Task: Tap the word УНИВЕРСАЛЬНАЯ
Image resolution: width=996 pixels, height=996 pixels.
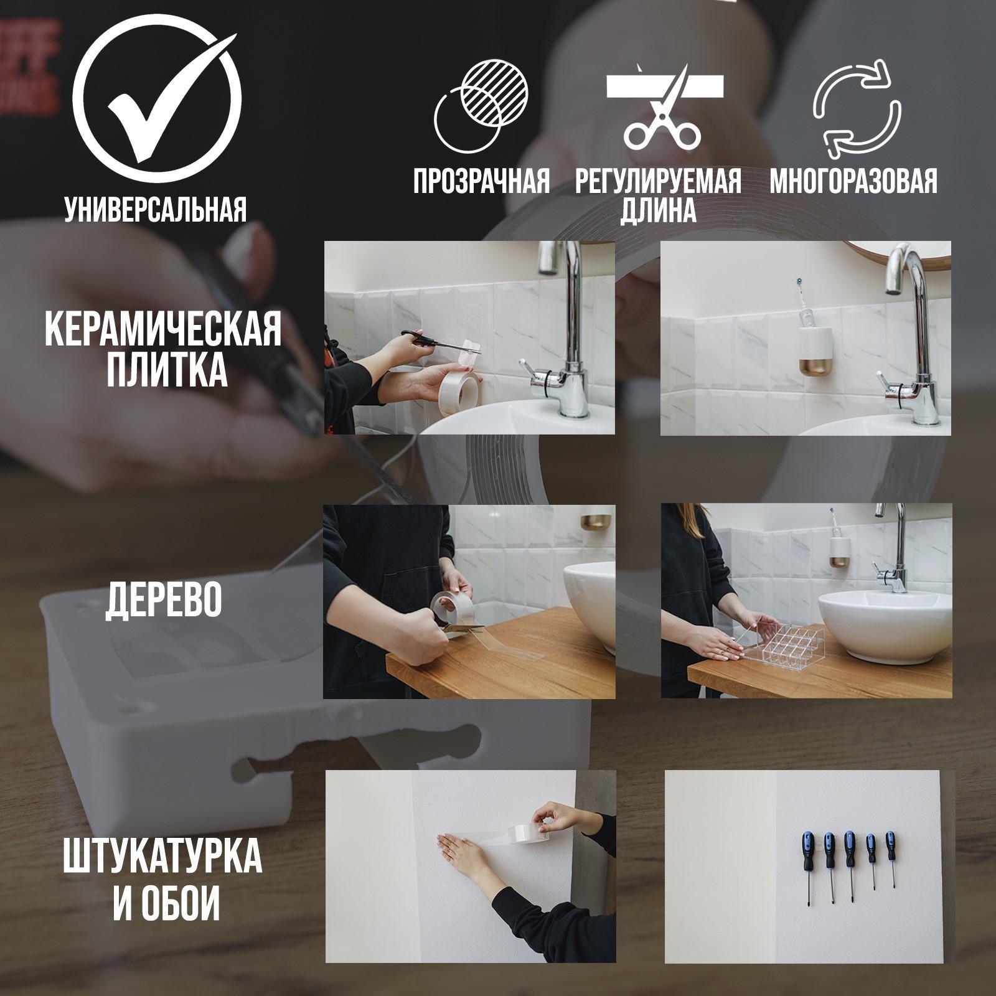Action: point(156,210)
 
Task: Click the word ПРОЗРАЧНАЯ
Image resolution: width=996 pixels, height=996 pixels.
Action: point(482,181)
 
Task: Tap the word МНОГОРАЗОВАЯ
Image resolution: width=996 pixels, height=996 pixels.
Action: point(853,181)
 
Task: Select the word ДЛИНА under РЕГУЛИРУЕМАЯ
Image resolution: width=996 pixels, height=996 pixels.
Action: point(659,212)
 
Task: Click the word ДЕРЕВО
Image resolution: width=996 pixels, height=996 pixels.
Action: point(163,600)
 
